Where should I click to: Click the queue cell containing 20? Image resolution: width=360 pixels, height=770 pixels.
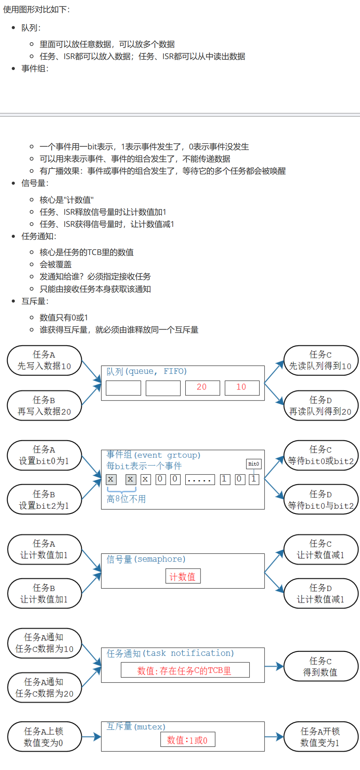click(x=202, y=388)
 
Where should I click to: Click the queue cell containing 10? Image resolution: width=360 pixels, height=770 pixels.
click(x=242, y=388)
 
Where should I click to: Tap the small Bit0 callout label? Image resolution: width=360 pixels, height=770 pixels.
click(x=254, y=464)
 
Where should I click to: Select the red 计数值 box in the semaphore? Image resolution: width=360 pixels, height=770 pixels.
click(x=183, y=576)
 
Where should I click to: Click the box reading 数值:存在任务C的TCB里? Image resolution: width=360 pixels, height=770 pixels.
click(x=185, y=670)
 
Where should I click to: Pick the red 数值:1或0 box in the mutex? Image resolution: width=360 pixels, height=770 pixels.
click(x=188, y=739)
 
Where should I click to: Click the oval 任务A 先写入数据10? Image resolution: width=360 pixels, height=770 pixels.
click(x=44, y=361)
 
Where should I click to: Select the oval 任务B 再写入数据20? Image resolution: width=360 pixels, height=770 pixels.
click(x=44, y=406)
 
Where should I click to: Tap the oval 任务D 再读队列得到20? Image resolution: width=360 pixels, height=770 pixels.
click(x=321, y=406)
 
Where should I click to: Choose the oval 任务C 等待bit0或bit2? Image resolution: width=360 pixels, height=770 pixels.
click(x=321, y=456)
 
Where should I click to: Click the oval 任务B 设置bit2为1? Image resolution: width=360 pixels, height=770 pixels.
click(x=44, y=500)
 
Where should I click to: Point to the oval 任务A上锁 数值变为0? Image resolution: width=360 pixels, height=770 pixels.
click(x=44, y=737)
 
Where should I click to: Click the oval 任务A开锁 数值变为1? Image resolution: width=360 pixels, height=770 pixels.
click(x=321, y=737)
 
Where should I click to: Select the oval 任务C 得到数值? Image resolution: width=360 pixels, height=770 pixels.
click(x=321, y=666)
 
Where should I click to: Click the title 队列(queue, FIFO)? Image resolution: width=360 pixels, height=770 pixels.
click(x=147, y=371)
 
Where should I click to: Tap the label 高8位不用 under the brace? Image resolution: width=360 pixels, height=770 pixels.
click(x=126, y=499)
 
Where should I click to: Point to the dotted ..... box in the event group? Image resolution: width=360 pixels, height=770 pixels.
click(x=200, y=479)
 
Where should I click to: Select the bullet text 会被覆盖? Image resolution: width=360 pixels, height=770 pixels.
click(x=56, y=264)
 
